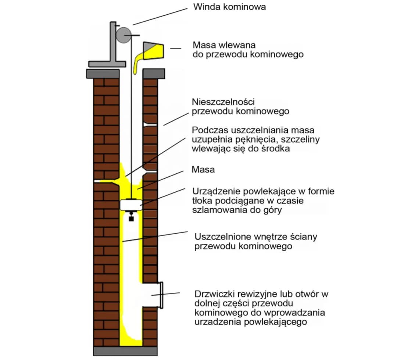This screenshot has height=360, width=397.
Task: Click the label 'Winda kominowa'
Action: click(x=229, y=7)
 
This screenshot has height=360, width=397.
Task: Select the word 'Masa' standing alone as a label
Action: click(x=203, y=170)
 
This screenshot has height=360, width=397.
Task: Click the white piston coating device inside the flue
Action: click(x=132, y=205)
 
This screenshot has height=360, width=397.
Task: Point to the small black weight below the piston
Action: click(x=131, y=219)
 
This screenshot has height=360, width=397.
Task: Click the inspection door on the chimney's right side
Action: click(x=160, y=295)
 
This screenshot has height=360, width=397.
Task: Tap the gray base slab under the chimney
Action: click(x=125, y=351)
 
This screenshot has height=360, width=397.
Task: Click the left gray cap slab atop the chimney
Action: click(x=103, y=73)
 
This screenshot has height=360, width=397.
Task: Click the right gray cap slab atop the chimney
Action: click(x=153, y=73)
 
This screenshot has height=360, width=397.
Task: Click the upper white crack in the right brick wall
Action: click(x=151, y=125)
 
